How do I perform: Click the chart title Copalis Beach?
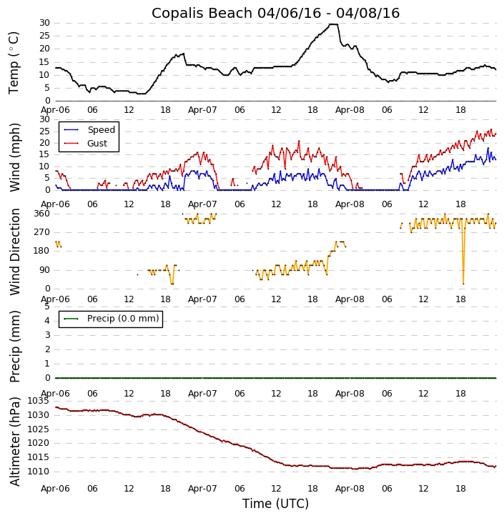[x=275, y=13]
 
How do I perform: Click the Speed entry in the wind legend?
[x=101, y=130]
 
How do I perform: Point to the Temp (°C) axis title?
[x=14, y=62]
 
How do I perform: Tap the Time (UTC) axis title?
[x=275, y=504]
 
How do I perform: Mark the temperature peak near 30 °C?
[x=332, y=24]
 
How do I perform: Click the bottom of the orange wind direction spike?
[x=463, y=284]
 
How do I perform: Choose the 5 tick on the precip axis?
[x=47, y=306]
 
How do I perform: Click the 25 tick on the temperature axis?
[x=44, y=36]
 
